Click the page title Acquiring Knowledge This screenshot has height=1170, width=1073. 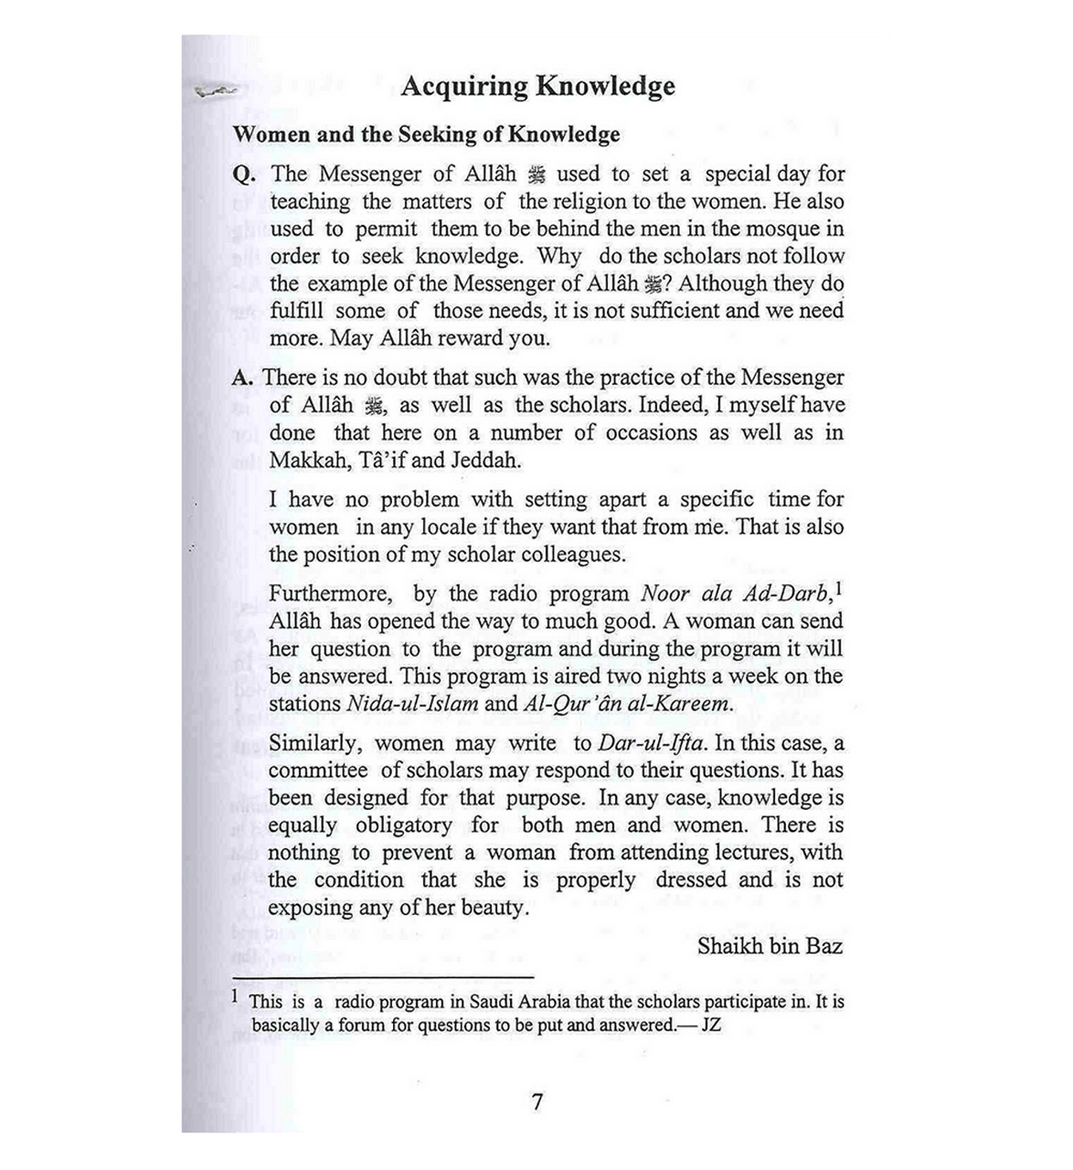pos(537,87)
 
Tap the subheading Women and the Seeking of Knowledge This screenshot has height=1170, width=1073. pos(426,134)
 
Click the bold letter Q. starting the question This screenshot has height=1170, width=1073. pos(244,175)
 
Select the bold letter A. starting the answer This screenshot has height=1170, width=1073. pos(243,378)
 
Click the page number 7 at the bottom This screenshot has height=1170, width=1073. pos(536,1101)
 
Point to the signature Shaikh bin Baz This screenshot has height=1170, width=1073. pos(770,945)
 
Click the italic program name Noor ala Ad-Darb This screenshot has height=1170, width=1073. pos(736,594)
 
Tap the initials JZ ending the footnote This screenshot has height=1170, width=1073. pos(710,1025)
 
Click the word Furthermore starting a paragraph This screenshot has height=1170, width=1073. pos(330,594)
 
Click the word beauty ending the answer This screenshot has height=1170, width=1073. pos(494,909)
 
